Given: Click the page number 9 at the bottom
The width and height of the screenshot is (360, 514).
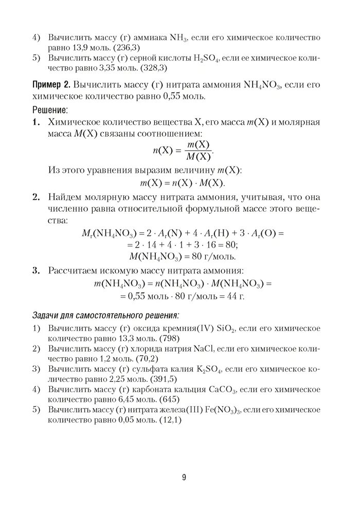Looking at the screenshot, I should [x=184, y=477].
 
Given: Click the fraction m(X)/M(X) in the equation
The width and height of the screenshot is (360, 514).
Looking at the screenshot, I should [x=197, y=151].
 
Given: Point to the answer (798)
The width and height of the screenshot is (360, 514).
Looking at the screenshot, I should [x=168, y=339].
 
